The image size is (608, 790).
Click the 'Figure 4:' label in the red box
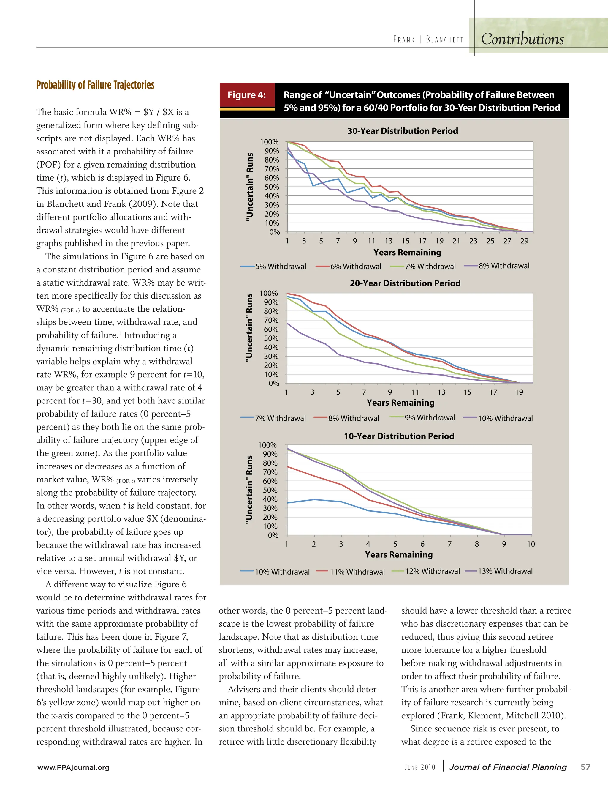[x=246, y=95]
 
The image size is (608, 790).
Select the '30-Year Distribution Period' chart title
[x=402, y=131]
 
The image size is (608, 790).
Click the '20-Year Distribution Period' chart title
[x=405, y=283]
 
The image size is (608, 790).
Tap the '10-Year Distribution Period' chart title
[x=399, y=436]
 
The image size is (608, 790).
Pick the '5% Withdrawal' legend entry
[x=280, y=267]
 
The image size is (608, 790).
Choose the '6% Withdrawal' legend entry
[x=355, y=267]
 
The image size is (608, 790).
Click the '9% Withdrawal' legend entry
[x=430, y=418]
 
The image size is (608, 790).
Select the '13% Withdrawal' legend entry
[x=505, y=571]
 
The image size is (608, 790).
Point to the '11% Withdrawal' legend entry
[x=357, y=572]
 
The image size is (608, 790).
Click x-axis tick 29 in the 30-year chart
[x=524, y=241]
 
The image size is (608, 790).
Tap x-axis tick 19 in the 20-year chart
[x=519, y=392]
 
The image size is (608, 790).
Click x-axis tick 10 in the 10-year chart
[x=531, y=544]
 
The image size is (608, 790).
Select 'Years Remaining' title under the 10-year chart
[x=398, y=554]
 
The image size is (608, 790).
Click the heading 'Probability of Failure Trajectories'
[x=95, y=85]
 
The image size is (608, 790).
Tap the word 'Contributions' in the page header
[x=522, y=39]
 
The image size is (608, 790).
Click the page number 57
[x=585, y=767]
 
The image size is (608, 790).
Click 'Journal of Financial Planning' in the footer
[x=508, y=767]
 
